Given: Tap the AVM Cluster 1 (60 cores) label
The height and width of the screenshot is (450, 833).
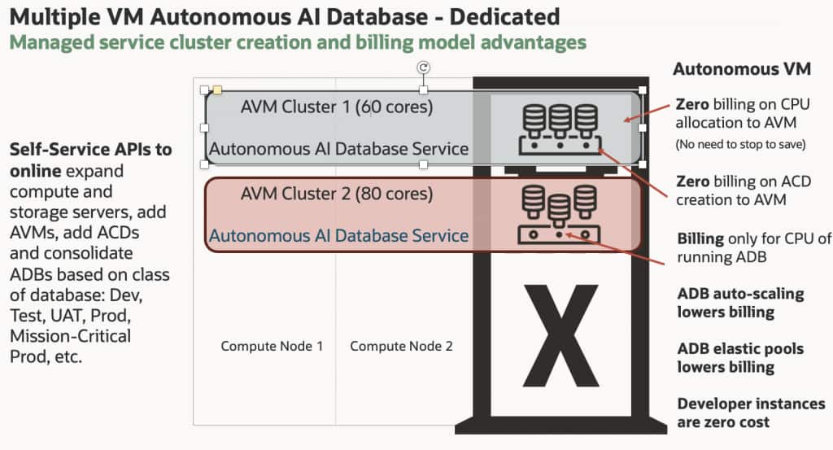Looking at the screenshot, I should (337, 107).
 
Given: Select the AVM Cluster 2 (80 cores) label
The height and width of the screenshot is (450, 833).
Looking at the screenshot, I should (337, 194).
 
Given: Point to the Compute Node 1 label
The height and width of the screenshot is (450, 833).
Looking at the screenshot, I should (272, 346).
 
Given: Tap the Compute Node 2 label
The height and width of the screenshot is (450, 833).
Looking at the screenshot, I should (401, 346).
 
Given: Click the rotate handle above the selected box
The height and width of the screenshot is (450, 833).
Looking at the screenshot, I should (423, 68).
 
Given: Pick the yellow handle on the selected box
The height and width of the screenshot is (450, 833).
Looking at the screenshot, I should (217, 90).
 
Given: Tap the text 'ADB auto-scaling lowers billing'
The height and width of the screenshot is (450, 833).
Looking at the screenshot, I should (740, 303).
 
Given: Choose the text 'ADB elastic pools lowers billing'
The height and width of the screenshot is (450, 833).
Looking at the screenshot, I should (740, 358).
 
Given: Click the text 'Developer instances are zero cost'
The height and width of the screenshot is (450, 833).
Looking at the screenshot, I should (750, 413).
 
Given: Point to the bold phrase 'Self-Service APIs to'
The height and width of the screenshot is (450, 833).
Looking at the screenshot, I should (90, 150).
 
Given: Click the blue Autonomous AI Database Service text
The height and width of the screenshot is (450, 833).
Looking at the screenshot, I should (338, 236).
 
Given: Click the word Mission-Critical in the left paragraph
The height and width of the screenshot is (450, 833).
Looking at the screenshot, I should (70, 335).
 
